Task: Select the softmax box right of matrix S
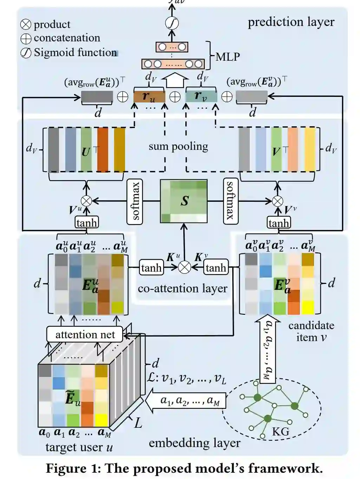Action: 230,201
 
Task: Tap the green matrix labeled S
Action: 184,201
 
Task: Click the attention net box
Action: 85,334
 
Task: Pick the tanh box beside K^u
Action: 151,268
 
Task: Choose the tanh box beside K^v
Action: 216,268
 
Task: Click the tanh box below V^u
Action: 86,222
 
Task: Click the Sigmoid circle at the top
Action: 172,23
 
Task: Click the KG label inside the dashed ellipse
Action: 280,431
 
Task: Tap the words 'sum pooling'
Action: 178,146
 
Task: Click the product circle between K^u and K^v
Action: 184,267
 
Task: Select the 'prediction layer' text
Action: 291,22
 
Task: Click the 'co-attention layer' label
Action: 182,288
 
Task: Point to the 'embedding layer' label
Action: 194,443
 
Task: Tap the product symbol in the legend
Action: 26,24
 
